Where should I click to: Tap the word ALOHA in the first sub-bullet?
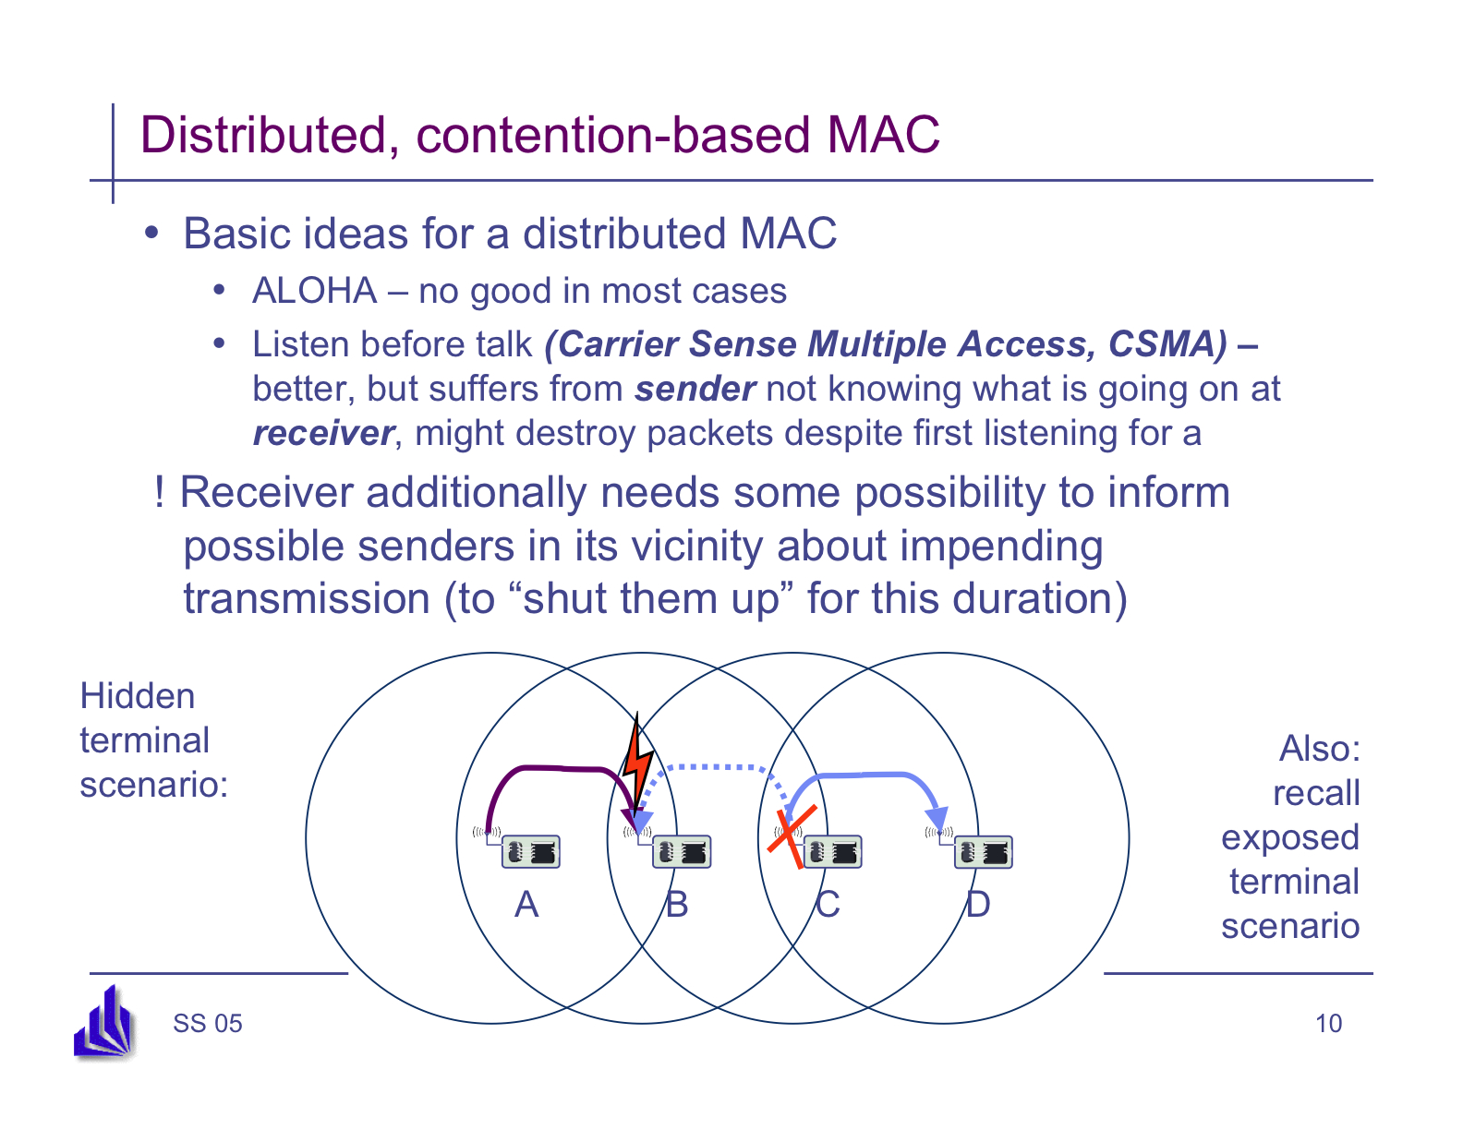[x=314, y=291]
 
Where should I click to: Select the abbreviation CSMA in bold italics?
[x=1167, y=344]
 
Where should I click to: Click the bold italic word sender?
[x=695, y=389]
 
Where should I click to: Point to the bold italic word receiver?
[x=323, y=433]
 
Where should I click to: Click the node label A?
[x=526, y=905]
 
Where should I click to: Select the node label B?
[x=677, y=905]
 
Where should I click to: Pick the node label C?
[x=828, y=905]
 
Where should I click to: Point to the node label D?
[x=978, y=905]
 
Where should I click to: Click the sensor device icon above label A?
[x=530, y=851]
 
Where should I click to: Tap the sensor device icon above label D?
[x=983, y=851]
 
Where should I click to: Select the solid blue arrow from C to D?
[x=868, y=775]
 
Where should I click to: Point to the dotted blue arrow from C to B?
[x=711, y=766]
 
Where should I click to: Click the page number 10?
[x=1328, y=1024]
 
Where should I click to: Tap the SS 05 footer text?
[x=207, y=1024]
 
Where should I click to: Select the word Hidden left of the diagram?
[x=138, y=696]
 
